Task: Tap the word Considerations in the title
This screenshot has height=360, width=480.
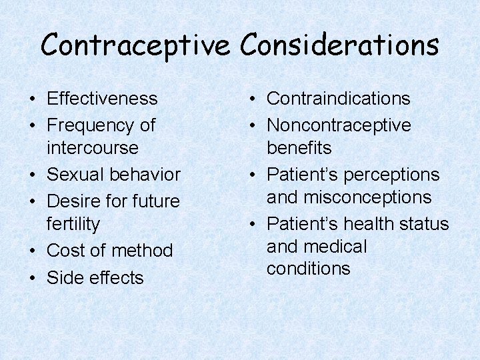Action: (340, 45)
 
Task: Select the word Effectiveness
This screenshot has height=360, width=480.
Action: (102, 99)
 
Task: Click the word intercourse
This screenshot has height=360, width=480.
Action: (93, 147)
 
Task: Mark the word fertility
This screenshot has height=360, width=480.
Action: (73, 224)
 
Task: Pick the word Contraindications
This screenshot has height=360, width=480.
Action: (339, 99)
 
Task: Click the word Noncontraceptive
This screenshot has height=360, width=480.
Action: (339, 125)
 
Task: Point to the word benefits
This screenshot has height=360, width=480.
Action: (299, 147)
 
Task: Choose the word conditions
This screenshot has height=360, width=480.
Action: (308, 269)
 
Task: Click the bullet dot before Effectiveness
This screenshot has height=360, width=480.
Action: (32, 99)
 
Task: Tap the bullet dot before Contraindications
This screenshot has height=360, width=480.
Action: (252, 99)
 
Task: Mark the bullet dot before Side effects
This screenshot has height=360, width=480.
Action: (32, 278)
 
